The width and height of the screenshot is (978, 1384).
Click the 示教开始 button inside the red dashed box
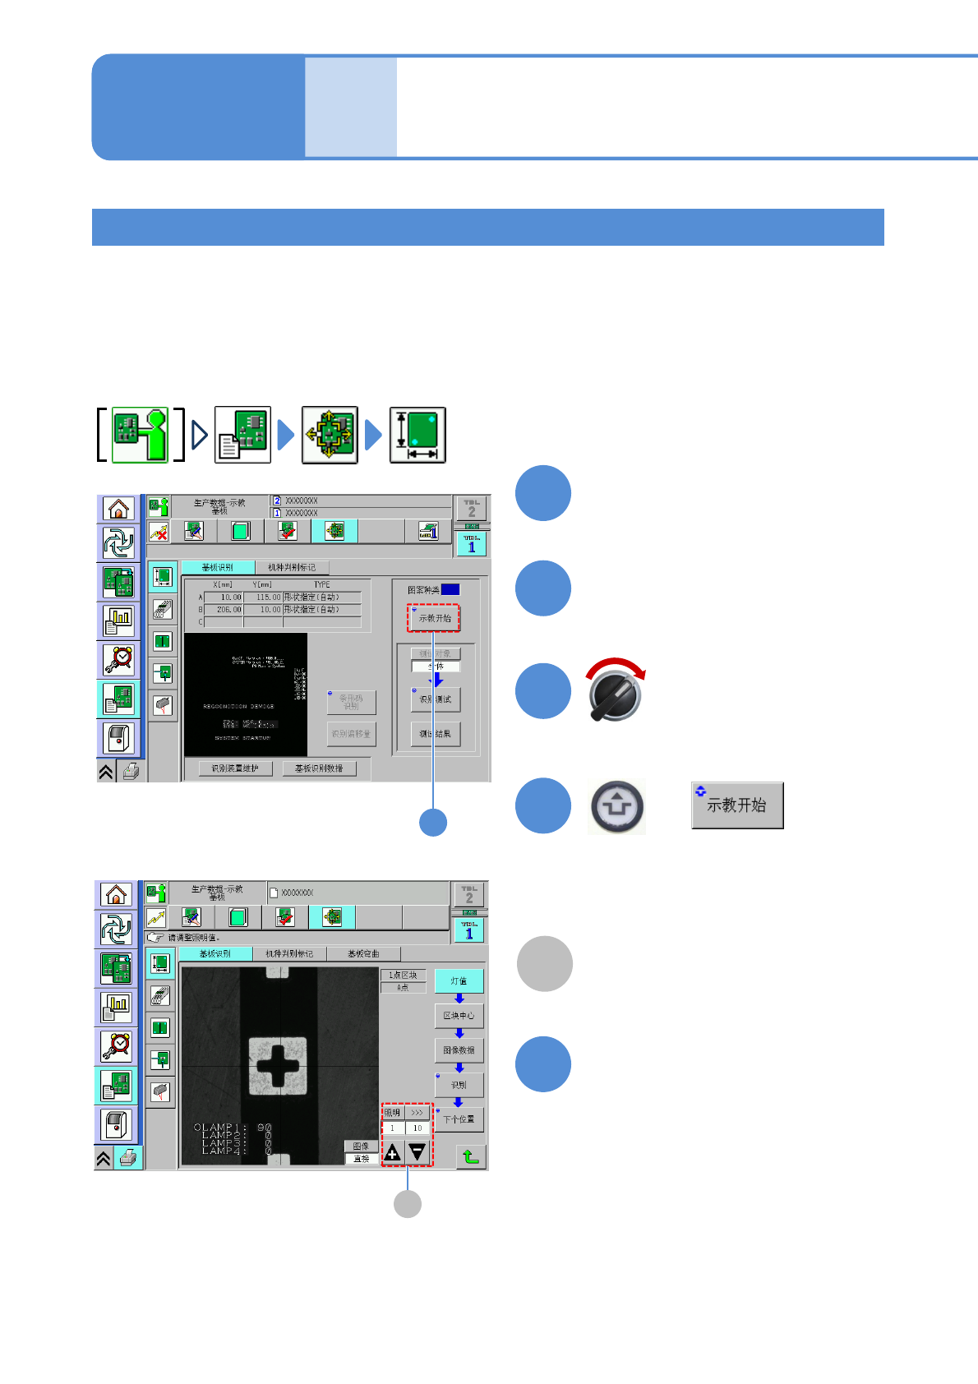pos(434,618)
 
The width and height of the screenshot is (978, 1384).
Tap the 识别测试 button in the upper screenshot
pos(436,699)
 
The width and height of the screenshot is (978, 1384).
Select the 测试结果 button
pos(436,734)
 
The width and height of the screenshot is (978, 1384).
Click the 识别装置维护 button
pos(235,768)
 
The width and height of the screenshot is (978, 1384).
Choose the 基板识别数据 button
pos(320,768)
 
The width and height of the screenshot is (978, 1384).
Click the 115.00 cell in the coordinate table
pos(264,597)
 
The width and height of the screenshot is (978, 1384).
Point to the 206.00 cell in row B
pos(224,610)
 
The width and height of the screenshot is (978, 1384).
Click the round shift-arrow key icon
pos(616,806)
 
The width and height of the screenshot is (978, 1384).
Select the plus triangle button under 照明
pos(393,1152)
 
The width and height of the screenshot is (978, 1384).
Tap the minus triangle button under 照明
pos(418,1152)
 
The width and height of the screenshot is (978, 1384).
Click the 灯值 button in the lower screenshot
pos(459,981)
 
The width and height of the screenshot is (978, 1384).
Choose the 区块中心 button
pos(459,1016)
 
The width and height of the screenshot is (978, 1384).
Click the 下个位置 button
pos(459,1119)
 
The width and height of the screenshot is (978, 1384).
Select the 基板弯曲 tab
pos(363,953)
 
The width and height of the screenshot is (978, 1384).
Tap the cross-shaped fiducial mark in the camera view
pos(278,1065)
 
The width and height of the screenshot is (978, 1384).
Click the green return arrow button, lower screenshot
pos(471,1156)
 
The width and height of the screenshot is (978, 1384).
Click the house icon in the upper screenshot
pos(119,510)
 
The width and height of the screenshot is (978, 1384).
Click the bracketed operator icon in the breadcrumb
pos(140,435)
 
